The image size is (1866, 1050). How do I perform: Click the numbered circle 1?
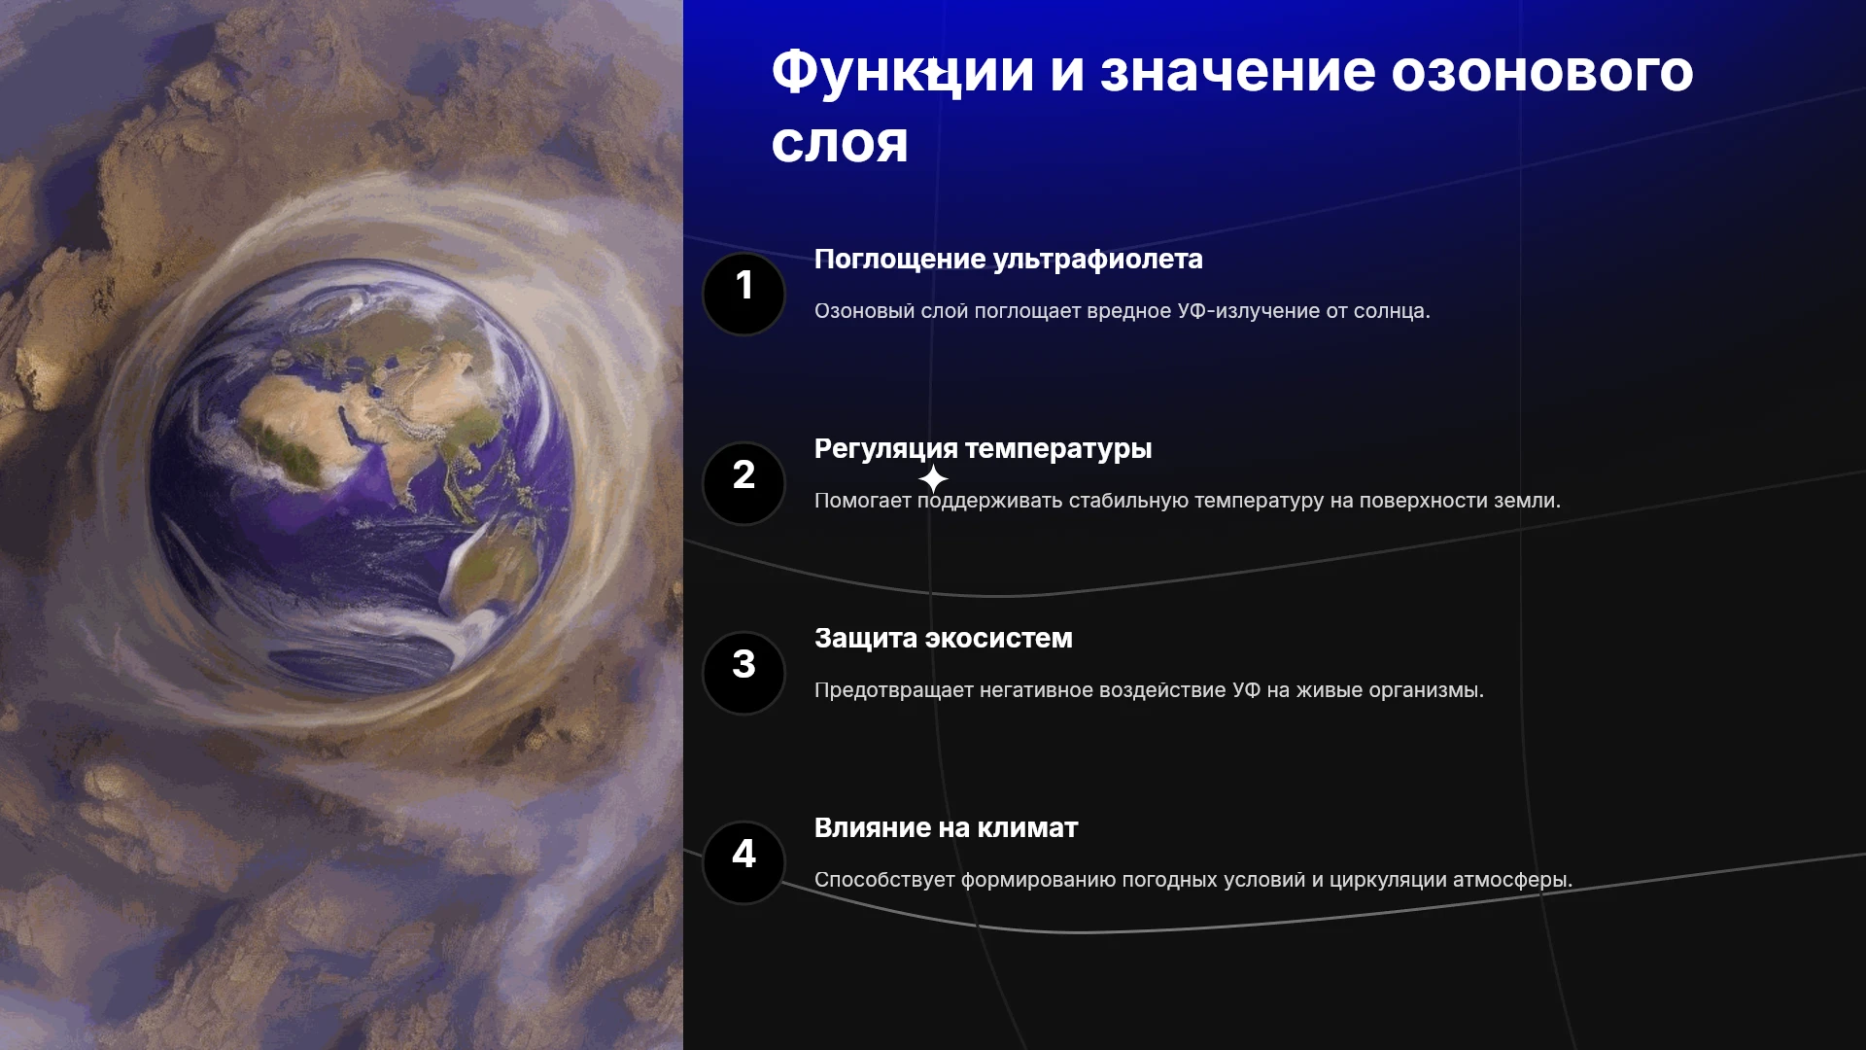pos(743,294)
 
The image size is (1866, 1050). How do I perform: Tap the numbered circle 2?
pos(743,483)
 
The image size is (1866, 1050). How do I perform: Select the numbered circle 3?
pos(743,673)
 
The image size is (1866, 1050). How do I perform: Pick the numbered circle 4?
pos(743,862)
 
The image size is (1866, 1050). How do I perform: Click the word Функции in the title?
pos(903,72)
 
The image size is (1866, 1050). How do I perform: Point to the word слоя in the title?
pos(840,144)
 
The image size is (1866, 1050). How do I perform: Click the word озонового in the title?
pos(1542,72)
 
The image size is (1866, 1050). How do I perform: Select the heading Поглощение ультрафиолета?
pos(1008,260)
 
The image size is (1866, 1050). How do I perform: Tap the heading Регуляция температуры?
pos(983,449)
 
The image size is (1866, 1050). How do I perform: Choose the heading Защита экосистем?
pos(943,639)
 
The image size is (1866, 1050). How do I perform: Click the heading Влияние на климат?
pos(946,828)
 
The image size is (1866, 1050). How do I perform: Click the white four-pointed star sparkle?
pos(933,478)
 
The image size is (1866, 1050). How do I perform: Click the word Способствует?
pos(884,881)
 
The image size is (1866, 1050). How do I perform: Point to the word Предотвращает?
pos(893,691)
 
